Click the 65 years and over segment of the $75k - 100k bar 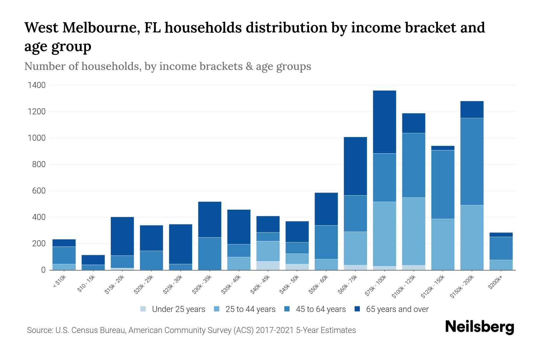384,122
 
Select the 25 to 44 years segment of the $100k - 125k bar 413,231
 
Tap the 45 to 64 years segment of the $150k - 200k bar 472,161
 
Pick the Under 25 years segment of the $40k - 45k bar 268,265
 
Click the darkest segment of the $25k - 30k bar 181,244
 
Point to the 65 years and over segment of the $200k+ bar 501,235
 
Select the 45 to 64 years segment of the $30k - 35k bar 210,253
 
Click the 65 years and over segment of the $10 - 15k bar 93,260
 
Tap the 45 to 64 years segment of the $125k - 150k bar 442,184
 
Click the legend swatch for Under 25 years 143,309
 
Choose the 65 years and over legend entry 397,309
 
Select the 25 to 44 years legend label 250,309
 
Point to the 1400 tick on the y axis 37,85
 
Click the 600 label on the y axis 39,191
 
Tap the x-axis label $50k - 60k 319,285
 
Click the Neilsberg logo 479,327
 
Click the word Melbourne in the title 101,28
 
